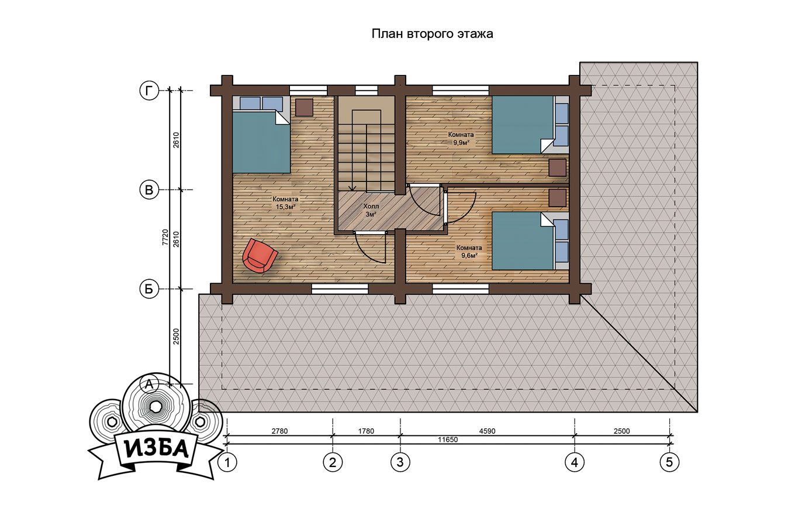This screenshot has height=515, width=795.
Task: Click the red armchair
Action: [x=260, y=255]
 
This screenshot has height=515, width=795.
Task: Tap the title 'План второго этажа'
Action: [x=432, y=34]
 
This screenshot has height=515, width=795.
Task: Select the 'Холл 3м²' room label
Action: [x=371, y=210]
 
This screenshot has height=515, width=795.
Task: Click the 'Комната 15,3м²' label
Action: [x=285, y=203]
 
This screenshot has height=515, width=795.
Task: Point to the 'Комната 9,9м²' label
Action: [x=461, y=139]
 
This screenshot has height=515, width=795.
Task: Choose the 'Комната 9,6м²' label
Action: [x=469, y=251]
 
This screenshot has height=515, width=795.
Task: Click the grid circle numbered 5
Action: [x=669, y=462]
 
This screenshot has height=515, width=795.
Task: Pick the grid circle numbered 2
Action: [x=333, y=462]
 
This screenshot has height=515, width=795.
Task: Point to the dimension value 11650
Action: [x=448, y=440]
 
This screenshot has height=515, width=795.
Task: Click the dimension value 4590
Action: [x=487, y=431]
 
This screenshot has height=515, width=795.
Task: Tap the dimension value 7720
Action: [x=165, y=237]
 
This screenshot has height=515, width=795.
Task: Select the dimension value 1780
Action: [x=366, y=431]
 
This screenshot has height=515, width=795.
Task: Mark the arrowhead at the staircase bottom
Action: [x=352, y=188]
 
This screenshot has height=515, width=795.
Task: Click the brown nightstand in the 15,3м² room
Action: [x=304, y=107]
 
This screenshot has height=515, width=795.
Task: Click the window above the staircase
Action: [x=367, y=91]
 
